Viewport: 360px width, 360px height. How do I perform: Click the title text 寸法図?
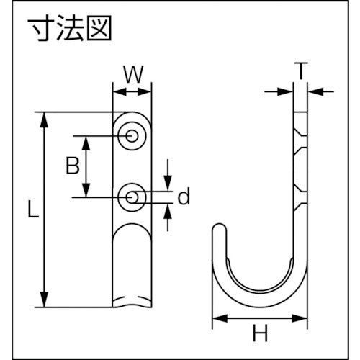pyautogui.click(x=71, y=32)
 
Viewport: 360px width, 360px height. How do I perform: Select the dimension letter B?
pyautogui.click(x=72, y=166)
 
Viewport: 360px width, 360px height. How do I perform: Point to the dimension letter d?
pyautogui.click(x=184, y=196)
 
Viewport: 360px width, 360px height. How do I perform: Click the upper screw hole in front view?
pyautogui.click(x=132, y=135)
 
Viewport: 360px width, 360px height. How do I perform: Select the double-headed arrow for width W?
pyautogui.click(x=132, y=91)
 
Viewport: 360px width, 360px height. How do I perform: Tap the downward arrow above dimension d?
pyautogui.click(x=167, y=175)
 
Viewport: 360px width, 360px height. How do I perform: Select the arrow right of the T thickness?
pyautogui.click(x=320, y=91)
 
